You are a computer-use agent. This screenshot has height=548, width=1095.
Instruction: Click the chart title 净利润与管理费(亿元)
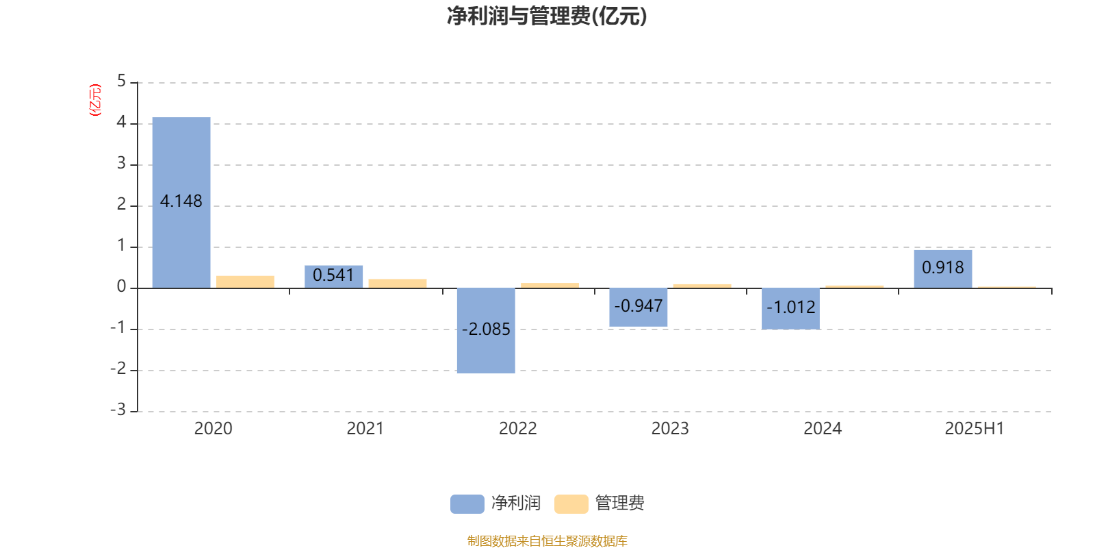click(x=547, y=16)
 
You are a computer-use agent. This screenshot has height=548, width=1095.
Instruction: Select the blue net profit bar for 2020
click(x=181, y=203)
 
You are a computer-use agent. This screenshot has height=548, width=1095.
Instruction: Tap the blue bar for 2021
click(x=334, y=277)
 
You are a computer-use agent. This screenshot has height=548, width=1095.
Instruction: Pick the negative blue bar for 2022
click(x=486, y=331)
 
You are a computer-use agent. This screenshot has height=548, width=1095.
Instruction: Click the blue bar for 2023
click(x=639, y=308)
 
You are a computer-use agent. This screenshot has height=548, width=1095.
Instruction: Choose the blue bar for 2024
click(x=790, y=309)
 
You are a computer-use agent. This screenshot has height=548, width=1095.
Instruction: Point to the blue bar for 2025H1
click(x=943, y=269)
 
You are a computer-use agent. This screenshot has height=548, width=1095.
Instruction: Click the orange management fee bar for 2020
click(x=246, y=282)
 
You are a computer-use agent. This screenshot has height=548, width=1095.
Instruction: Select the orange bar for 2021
click(x=398, y=284)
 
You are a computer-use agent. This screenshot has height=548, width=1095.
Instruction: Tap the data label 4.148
click(x=181, y=201)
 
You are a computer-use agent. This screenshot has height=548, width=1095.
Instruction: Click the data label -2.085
click(x=486, y=329)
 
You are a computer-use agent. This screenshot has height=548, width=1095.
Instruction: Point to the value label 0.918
click(x=943, y=268)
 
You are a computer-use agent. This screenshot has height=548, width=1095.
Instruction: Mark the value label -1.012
click(x=791, y=308)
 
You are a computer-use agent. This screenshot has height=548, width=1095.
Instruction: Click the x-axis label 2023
click(x=670, y=429)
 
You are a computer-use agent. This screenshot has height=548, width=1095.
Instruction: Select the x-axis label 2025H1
click(x=975, y=429)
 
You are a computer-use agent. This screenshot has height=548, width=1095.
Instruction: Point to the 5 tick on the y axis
click(x=122, y=82)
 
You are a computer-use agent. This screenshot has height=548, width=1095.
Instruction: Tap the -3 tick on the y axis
click(x=118, y=410)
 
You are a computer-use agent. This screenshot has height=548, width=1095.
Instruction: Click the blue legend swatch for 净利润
click(x=467, y=504)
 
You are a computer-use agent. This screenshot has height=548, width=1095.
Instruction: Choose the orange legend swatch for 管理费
click(x=571, y=504)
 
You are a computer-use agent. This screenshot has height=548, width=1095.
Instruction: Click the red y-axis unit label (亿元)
click(x=95, y=100)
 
